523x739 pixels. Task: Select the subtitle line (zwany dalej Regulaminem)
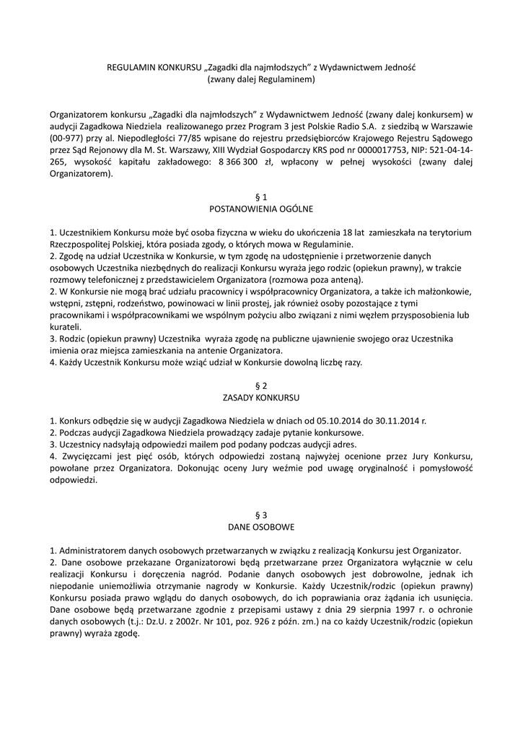[x=261, y=79]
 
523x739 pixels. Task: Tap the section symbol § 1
[x=261, y=196]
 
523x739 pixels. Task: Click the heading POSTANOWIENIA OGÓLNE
[x=261, y=209]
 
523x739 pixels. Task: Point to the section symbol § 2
[x=261, y=385]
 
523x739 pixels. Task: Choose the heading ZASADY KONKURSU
[x=261, y=397]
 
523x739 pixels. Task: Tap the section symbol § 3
[x=261, y=515]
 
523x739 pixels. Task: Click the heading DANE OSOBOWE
[x=261, y=527]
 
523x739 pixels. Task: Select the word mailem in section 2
[x=188, y=444]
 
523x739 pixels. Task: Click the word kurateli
[x=66, y=326]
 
